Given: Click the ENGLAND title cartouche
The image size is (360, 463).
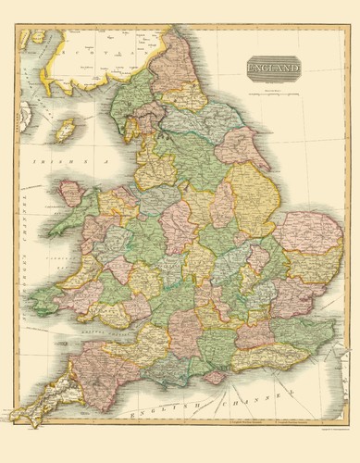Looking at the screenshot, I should [274, 69].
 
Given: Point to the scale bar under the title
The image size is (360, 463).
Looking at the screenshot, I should [275, 91].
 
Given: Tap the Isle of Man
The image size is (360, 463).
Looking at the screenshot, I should [66, 130].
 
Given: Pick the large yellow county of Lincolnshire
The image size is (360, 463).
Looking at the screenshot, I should [250, 194].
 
